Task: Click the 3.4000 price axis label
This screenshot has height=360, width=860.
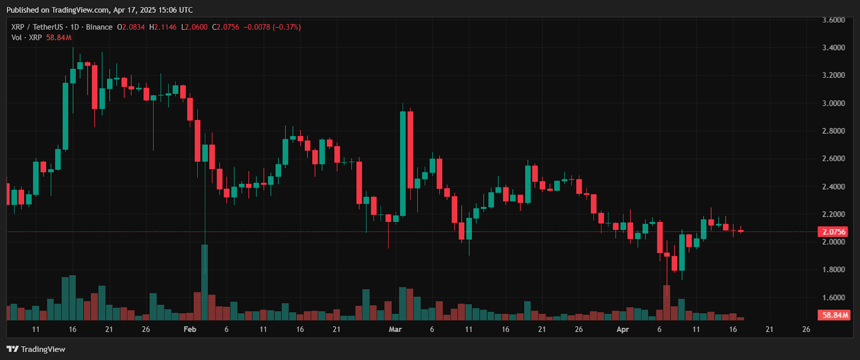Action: click(x=833, y=48)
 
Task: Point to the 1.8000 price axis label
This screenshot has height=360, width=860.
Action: click(x=833, y=269)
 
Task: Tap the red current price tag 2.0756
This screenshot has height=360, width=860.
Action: click(x=834, y=232)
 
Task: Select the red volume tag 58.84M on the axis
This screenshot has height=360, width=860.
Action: click(x=834, y=315)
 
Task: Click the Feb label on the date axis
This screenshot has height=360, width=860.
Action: click(x=190, y=329)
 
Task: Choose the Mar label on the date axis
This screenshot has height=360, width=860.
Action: click(x=395, y=329)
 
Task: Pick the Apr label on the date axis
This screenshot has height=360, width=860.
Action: click(x=622, y=329)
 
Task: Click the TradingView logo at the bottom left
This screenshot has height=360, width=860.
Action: click(x=36, y=349)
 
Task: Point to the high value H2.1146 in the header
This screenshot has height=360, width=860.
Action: click(x=163, y=27)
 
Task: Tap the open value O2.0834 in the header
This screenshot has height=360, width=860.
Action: click(x=131, y=27)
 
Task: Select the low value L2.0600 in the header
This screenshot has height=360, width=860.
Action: click(x=194, y=27)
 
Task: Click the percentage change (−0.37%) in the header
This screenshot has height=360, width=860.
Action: click(x=287, y=27)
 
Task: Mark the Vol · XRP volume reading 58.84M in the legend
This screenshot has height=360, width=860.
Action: click(x=59, y=38)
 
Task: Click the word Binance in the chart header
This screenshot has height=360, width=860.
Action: click(x=99, y=27)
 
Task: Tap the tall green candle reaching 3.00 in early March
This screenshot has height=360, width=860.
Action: click(x=403, y=163)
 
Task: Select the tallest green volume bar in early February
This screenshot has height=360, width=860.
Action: click(x=205, y=283)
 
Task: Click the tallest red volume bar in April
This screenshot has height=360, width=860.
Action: click(x=667, y=303)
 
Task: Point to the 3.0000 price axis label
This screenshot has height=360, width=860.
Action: click(x=833, y=103)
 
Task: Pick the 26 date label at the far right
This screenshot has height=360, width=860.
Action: click(x=806, y=329)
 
